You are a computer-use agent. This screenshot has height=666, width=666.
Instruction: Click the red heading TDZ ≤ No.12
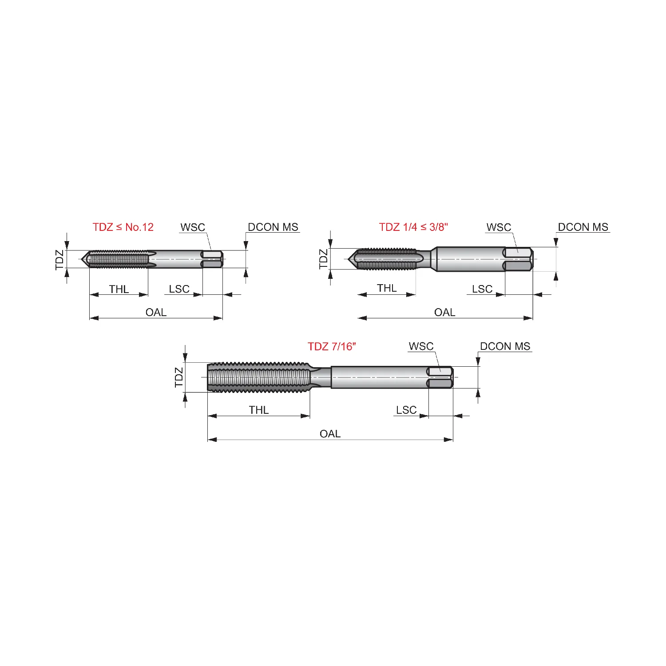pos(123,227)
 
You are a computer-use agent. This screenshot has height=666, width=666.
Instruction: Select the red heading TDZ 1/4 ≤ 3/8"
pos(413,227)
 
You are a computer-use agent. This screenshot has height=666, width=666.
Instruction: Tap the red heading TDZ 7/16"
pos(332,346)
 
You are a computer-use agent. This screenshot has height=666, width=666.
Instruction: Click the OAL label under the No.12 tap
pos(156,312)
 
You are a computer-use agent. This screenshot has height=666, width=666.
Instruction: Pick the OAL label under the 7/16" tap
pos(330,434)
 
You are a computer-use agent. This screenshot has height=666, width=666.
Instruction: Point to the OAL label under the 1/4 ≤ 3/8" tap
pos(444,312)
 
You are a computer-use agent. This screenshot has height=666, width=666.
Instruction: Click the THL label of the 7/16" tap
pos(258,410)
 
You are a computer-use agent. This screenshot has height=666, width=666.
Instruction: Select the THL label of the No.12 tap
pos(119,289)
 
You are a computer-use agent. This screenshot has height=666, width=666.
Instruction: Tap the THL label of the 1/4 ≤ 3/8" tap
pos(387,288)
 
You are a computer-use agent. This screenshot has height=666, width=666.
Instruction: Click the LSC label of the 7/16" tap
pos(406,410)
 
